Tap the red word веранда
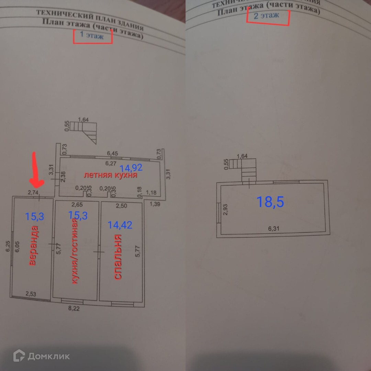(33, 246)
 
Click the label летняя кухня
(111, 175)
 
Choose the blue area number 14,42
(120, 225)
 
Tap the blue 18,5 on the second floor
(270, 202)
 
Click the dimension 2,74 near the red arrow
(33, 193)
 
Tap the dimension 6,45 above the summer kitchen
(113, 153)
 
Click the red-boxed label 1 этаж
(92, 35)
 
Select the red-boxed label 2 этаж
(267, 15)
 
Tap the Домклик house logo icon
(19, 356)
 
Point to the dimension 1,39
(155, 204)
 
